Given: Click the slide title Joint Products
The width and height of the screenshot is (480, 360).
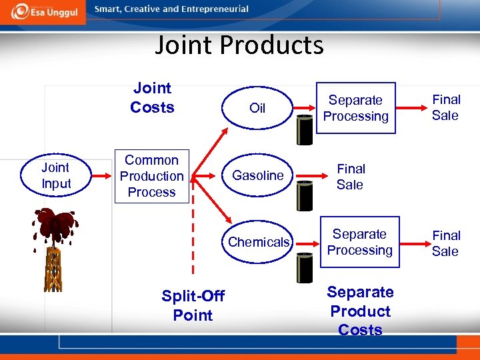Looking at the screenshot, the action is pyautogui.click(x=239, y=45).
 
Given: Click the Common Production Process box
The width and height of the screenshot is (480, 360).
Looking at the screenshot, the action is pyautogui.click(x=151, y=176).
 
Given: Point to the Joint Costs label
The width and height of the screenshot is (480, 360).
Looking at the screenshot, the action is pyautogui.click(x=152, y=97).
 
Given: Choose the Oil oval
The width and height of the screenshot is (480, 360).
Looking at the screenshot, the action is pyautogui.click(x=257, y=108).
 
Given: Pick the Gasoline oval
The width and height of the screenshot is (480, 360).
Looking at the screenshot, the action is pyautogui.click(x=257, y=175).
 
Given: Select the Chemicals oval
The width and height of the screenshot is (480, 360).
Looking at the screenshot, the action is pyautogui.click(x=259, y=242).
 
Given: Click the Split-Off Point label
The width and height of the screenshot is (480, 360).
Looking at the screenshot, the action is pyautogui.click(x=193, y=305).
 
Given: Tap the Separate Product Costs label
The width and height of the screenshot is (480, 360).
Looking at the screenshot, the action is pyautogui.click(x=361, y=311).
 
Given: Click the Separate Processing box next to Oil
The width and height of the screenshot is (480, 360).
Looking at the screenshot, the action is pyautogui.click(x=356, y=108).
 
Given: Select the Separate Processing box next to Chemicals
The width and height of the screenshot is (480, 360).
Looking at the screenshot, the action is pyautogui.click(x=360, y=242).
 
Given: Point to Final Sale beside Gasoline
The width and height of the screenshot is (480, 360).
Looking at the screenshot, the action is pyautogui.click(x=351, y=177).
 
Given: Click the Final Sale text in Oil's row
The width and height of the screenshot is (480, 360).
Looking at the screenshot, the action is pyautogui.click(x=446, y=107).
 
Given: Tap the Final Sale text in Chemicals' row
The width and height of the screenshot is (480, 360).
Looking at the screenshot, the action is pyautogui.click(x=445, y=243).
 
